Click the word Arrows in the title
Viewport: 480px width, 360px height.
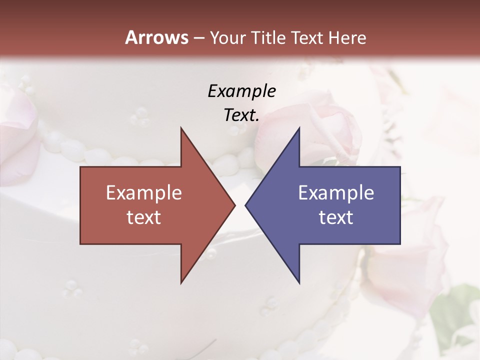[x=156, y=37]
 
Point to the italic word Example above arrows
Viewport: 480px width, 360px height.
[x=241, y=91]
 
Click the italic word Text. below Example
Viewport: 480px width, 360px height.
[x=241, y=115]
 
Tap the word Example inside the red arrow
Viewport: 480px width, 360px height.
[x=144, y=193]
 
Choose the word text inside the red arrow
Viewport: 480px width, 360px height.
[x=144, y=217]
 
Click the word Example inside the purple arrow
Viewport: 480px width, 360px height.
[x=336, y=193]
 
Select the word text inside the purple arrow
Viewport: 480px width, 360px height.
[x=336, y=217]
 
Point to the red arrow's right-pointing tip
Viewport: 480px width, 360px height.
[x=234, y=205]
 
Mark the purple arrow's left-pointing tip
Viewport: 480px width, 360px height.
[x=246, y=205]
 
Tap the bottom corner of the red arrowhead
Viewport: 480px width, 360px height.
[x=181, y=283]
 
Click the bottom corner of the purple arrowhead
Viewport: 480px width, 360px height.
[x=299, y=283]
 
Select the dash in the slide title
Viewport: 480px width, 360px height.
[x=198, y=38]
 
